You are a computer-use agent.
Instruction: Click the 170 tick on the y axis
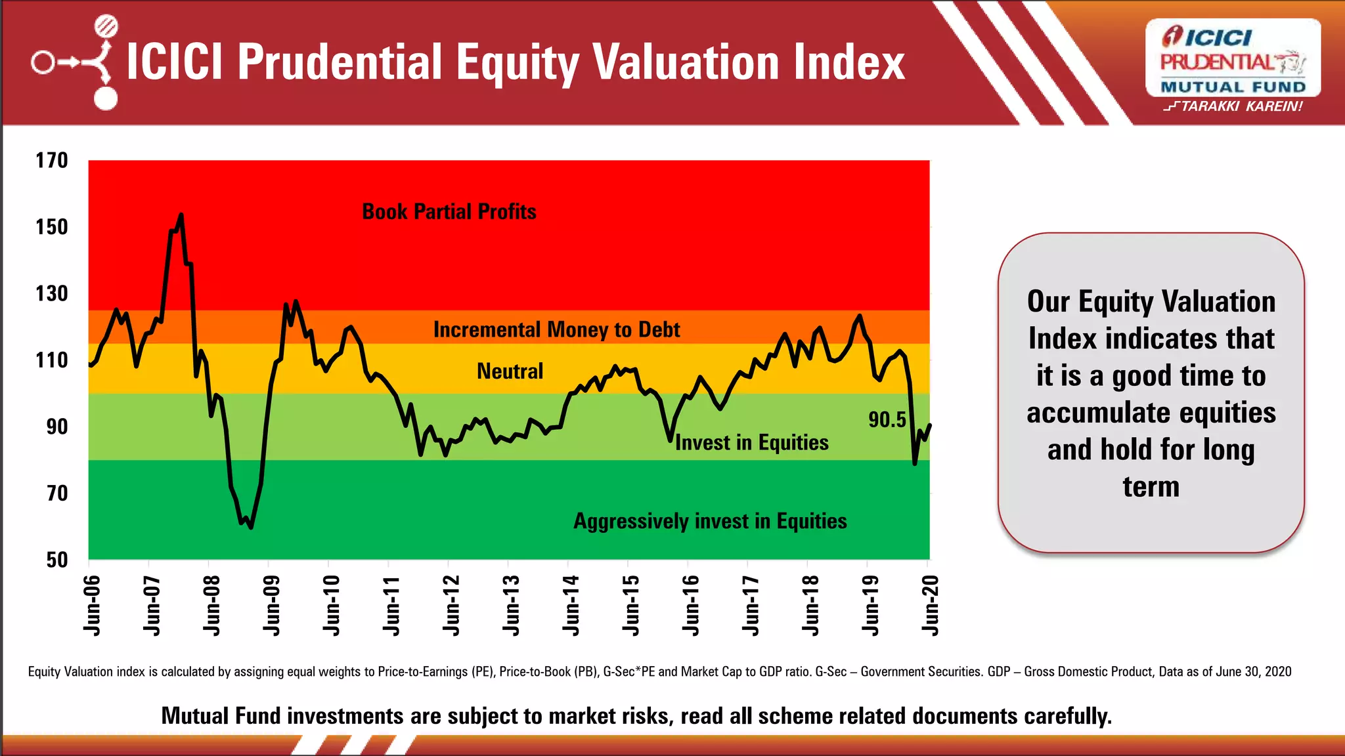(52, 161)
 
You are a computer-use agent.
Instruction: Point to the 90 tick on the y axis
(57, 427)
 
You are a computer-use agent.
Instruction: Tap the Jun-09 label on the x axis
(271, 605)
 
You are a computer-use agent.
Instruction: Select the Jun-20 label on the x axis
(931, 605)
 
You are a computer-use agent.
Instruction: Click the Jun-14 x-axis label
(571, 605)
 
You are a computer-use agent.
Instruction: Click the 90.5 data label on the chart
(887, 420)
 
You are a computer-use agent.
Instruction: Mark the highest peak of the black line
(181, 215)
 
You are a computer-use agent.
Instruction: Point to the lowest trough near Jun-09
(251, 527)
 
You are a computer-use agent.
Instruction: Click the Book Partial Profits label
(449, 212)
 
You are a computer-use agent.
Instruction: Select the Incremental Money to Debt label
(556, 329)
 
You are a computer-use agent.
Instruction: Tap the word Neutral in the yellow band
(510, 371)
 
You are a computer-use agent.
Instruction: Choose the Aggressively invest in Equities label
(710, 521)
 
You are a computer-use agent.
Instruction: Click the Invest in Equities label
(751, 443)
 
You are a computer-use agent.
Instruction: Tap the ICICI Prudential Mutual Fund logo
(1233, 59)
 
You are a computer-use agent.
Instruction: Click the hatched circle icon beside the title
(106, 27)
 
